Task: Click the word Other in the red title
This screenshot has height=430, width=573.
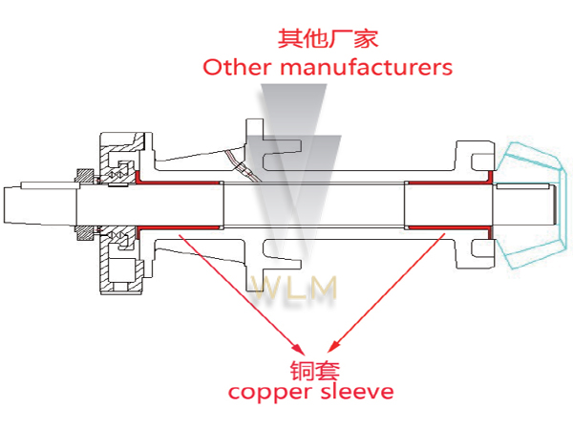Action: click(x=230, y=68)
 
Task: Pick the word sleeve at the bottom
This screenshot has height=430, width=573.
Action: click(x=361, y=392)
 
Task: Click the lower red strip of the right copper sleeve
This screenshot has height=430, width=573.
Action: click(x=449, y=228)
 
